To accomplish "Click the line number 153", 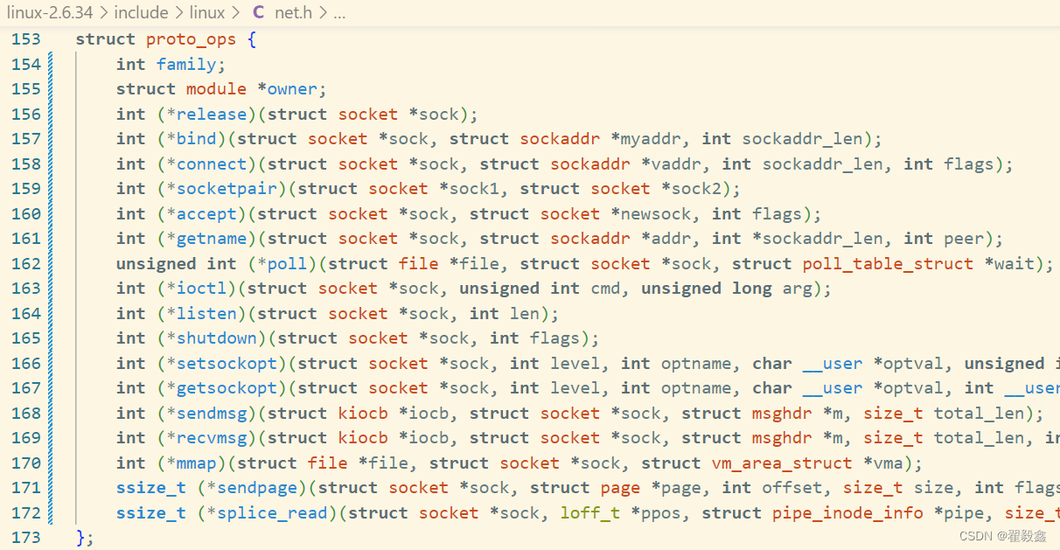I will tap(26, 39).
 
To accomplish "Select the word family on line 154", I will tap(186, 64).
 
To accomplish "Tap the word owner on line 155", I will tap(296, 89).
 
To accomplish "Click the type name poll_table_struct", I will tap(888, 264).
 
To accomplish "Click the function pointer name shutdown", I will tap(216, 338).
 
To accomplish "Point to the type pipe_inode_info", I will tap(847, 513).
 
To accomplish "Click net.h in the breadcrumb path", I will tap(293, 12).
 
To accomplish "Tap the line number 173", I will tap(26, 538).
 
